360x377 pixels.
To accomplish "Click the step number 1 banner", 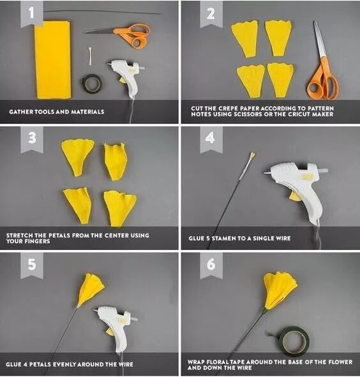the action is click(32, 13).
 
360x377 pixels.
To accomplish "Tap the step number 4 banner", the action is click(211, 139).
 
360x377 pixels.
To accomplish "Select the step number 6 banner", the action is click(211, 265).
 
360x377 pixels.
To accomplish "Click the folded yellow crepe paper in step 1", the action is click(53, 59).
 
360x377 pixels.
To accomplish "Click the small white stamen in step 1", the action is click(90, 55).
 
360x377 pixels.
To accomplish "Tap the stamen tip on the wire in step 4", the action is click(252, 155).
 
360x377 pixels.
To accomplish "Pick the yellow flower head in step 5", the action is click(90, 290).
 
